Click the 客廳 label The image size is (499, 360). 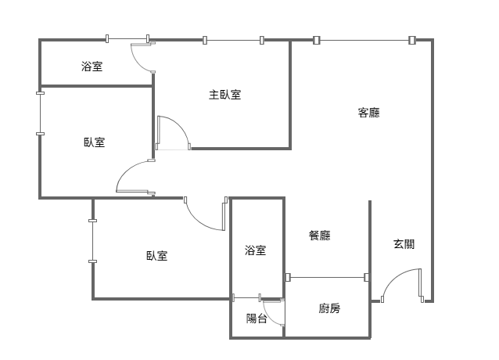(x=368, y=113)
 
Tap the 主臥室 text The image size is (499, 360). (x=224, y=95)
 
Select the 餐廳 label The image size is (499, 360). (x=319, y=235)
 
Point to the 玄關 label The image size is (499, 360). (x=404, y=244)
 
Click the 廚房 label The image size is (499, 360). (x=329, y=308)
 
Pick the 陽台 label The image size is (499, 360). (x=257, y=319)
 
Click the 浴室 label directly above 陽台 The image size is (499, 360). (x=256, y=250)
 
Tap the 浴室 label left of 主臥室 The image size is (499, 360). (x=92, y=66)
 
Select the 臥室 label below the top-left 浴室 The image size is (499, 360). (x=95, y=142)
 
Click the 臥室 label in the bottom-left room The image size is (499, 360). (x=156, y=256)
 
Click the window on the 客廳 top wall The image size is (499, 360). (x=364, y=40)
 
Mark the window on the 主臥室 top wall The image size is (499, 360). (x=233, y=40)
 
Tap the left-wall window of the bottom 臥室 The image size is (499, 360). (x=93, y=241)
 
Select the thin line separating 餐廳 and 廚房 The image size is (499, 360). (x=328, y=276)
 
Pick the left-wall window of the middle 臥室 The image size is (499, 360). (x=40, y=114)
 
